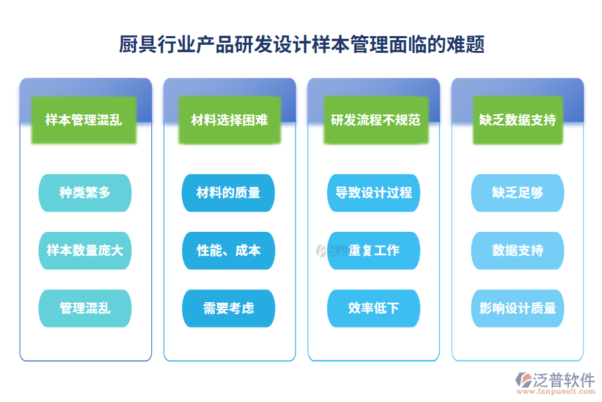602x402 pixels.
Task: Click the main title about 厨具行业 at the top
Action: [x=301, y=45]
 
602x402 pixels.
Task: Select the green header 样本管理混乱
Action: [x=84, y=121]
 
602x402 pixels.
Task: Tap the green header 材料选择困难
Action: [x=229, y=121]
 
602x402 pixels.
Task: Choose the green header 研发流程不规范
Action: [x=375, y=121]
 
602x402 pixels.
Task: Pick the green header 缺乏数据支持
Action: [x=518, y=121]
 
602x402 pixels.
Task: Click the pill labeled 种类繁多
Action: [x=85, y=193]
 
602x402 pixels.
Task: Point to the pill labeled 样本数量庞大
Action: [x=85, y=251]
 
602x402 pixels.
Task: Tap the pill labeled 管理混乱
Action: [x=85, y=308]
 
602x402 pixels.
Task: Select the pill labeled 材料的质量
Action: [x=228, y=193]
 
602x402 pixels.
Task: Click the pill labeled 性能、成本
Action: [x=228, y=251]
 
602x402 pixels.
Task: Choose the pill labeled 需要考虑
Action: [x=228, y=308]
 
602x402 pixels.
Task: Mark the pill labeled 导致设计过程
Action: [x=373, y=193]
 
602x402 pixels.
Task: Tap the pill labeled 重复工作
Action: [x=373, y=251]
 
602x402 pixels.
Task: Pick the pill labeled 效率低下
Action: [x=373, y=308]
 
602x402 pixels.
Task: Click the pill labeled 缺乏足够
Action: [x=518, y=193]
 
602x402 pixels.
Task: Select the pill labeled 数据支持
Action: [x=518, y=251]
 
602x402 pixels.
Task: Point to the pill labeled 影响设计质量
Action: [x=518, y=308]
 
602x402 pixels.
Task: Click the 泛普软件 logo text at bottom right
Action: [x=564, y=380]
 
